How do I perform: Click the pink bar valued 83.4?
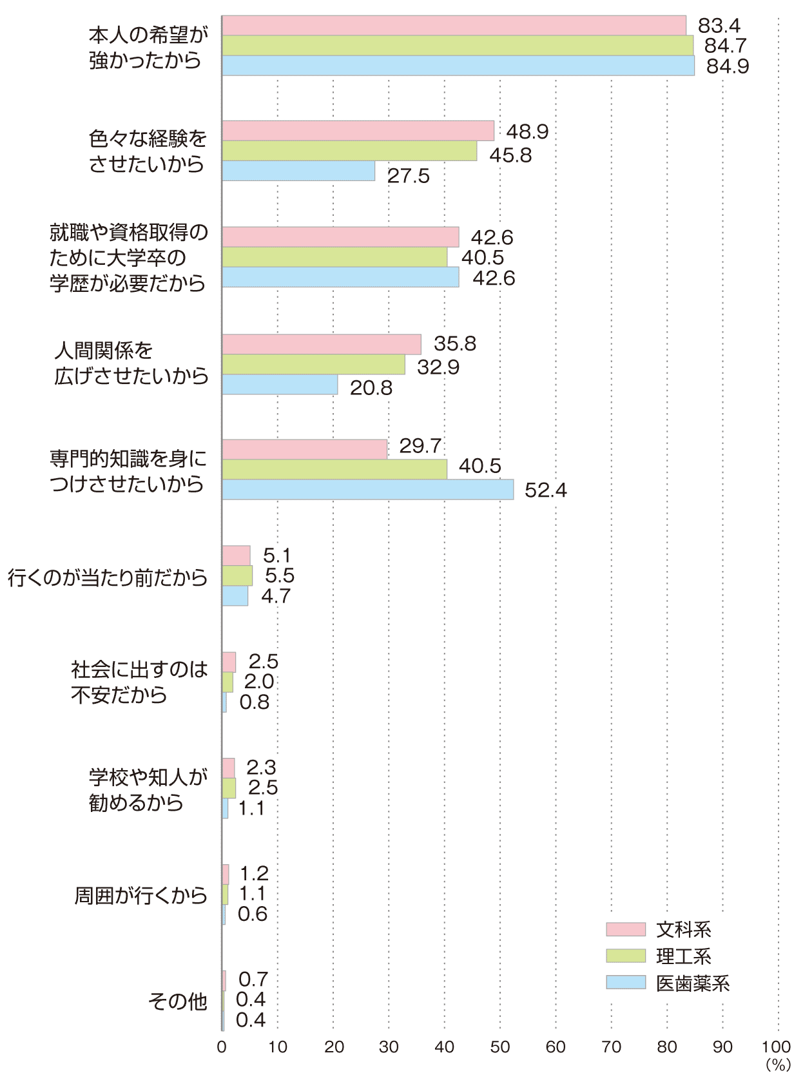pos(454,26)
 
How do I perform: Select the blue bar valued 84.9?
pos(458,66)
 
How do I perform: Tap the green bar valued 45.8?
pos(349,151)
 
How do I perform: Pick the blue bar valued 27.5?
pos(298,171)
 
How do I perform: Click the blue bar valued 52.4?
pos(367,489)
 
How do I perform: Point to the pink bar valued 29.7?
pos(304,449)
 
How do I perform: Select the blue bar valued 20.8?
pos(280,385)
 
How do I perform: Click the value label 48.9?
pos(527,131)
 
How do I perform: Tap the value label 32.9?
pos(438,367)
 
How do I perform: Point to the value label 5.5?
pos(280,575)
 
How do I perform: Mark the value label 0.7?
pos(253,980)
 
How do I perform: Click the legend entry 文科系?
pos(683,929)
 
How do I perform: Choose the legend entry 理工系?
pos(683,956)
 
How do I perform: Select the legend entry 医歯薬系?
pos(692,983)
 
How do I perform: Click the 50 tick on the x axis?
pos(500,1047)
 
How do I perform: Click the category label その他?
pos(178,1001)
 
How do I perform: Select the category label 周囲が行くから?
pos(141,895)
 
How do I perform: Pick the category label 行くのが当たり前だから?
pos(108,577)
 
